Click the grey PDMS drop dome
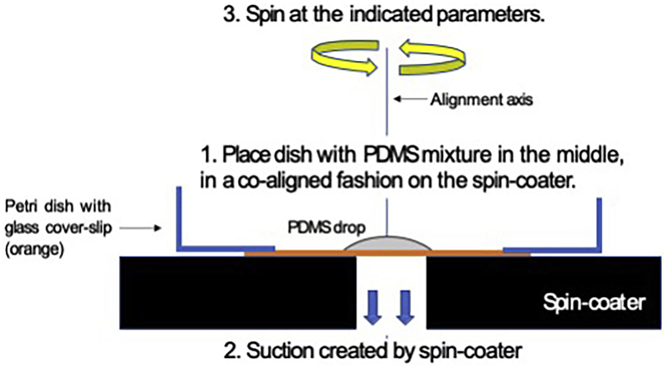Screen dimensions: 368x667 tap(387, 244)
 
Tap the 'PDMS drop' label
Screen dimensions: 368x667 tap(326, 228)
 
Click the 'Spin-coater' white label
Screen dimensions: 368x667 tap(594, 302)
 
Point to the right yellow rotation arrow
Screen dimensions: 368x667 tap(432, 57)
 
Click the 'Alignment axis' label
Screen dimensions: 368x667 tap(481, 99)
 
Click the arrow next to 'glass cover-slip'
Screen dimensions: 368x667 tap(141, 228)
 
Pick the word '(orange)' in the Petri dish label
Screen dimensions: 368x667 tap(35, 249)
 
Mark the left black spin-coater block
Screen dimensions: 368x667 tap(237, 292)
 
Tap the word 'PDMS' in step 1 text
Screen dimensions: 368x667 tap(391, 155)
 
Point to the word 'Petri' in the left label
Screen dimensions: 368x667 tap(21, 206)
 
